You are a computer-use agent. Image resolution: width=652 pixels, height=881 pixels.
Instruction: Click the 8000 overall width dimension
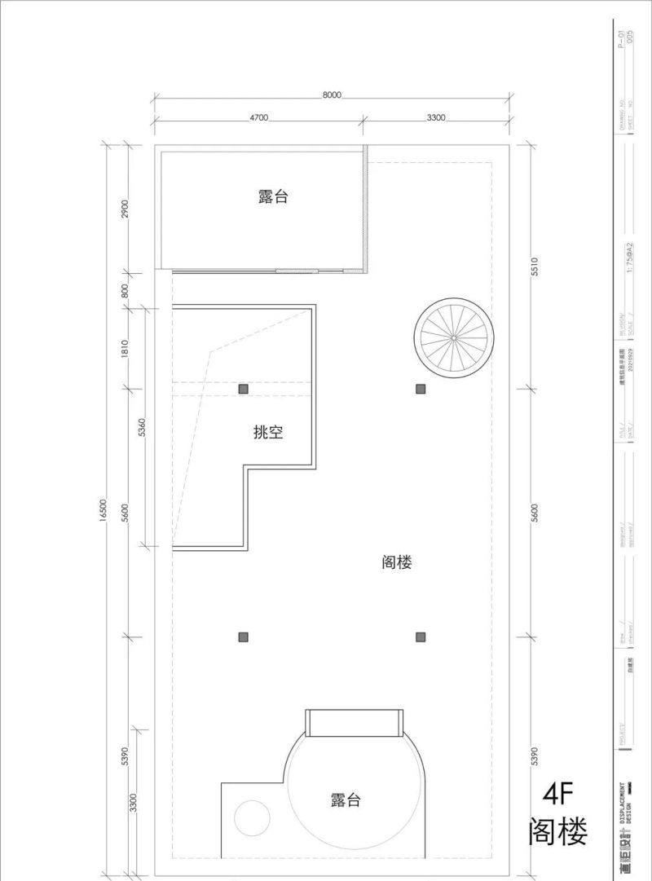point(331,95)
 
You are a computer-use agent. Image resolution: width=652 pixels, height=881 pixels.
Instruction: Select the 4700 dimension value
point(258,118)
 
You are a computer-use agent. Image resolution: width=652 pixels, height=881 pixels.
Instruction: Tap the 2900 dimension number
point(125,209)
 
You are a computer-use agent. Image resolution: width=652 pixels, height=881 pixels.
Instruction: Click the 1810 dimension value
point(125,349)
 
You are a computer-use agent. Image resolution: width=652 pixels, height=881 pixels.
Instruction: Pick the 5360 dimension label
point(142,427)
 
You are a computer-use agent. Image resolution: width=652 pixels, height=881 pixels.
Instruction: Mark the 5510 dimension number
point(535,268)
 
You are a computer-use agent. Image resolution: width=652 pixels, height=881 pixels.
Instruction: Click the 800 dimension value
point(125,290)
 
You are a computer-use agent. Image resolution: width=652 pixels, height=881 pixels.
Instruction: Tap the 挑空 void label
point(268,433)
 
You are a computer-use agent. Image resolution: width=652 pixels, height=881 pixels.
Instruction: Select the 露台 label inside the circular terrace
point(346,800)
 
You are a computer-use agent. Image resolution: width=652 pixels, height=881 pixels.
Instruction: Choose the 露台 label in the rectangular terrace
point(273,196)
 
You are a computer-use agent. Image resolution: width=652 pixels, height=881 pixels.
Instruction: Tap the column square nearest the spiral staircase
point(421,389)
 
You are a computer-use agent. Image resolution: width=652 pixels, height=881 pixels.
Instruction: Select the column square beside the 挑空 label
point(243,389)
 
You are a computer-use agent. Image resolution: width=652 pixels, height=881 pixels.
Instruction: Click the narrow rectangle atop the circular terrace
point(355,722)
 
